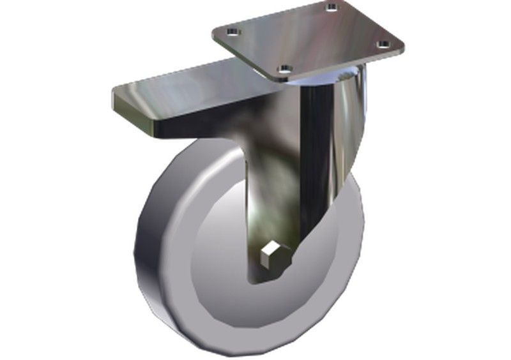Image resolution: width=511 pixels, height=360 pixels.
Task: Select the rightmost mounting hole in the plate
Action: pos(382,44)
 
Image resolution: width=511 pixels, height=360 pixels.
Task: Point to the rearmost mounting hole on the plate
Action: pos(330,8)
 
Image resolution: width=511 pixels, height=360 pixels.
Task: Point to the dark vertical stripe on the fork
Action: pos(313,160)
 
